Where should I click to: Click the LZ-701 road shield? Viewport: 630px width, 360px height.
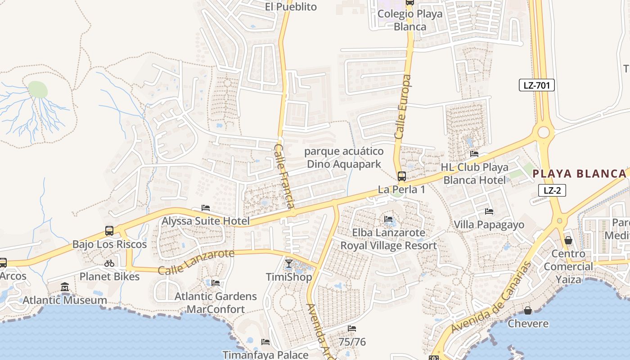536,85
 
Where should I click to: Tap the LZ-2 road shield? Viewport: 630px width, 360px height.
552,190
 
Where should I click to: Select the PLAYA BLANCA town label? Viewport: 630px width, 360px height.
580,174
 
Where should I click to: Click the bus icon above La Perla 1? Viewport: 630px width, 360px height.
402,176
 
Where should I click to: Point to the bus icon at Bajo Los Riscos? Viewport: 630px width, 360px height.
109,231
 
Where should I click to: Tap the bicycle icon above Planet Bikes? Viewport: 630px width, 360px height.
109,263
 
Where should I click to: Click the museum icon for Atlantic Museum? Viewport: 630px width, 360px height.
65,287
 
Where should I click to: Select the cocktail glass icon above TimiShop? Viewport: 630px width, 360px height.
289,263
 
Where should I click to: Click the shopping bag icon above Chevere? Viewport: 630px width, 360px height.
528,310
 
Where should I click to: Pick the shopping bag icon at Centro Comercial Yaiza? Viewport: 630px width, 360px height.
568,240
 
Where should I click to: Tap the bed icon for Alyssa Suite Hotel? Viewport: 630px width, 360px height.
206,208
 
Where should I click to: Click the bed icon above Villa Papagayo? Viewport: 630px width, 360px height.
489,211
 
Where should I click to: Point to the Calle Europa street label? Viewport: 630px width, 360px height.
403,107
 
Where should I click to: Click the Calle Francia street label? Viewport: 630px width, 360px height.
284,175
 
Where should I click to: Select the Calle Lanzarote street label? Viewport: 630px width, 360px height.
196,262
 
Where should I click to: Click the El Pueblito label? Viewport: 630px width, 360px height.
291,7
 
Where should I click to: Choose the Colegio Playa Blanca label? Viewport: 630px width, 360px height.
410,20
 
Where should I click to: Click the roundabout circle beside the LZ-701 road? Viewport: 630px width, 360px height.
544,132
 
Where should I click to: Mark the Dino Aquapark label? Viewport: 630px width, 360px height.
344,157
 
